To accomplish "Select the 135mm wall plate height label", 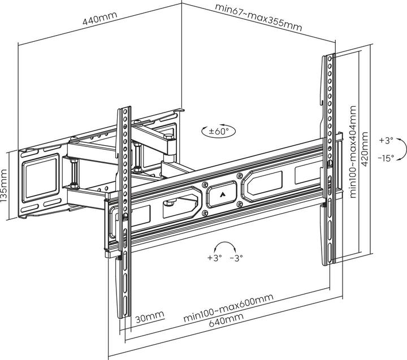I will pyautogui.click(x=6, y=186).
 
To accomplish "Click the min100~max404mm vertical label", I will pyautogui.click(x=353, y=151).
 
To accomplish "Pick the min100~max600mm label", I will pyautogui.click(x=228, y=307).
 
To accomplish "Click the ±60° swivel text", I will pyautogui.click(x=218, y=131).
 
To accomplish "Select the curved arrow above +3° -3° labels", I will pyautogui.click(x=226, y=247).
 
